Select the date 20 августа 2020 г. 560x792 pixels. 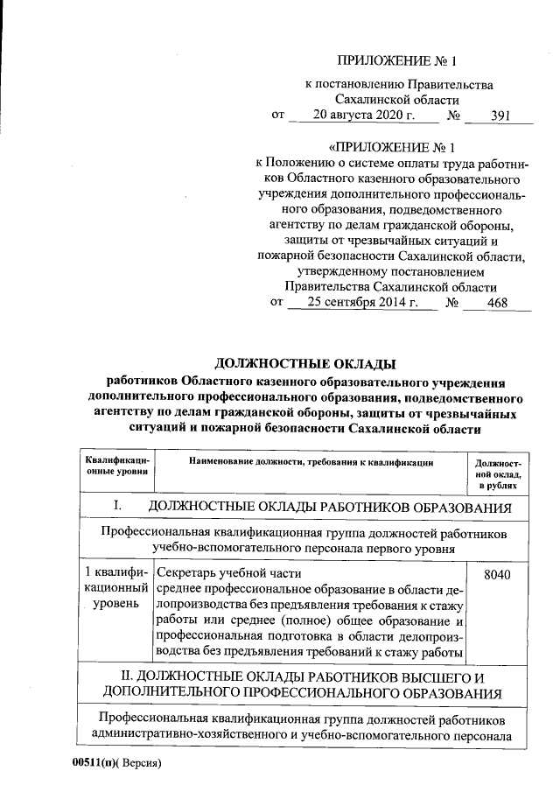click(363, 115)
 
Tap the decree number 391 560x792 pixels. click(500, 115)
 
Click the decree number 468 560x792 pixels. click(497, 304)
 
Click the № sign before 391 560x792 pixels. click(453, 115)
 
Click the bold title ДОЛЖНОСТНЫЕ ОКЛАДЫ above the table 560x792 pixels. click(305, 363)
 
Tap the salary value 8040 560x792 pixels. click(497, 574)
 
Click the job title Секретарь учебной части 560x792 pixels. click(214, 574)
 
